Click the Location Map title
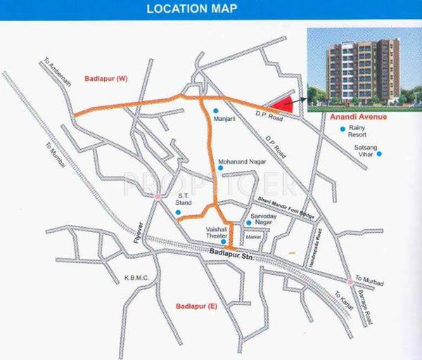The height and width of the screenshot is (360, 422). pos(191,9)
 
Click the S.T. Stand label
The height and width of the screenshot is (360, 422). pos(184,200)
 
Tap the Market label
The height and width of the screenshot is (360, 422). pos(253,238)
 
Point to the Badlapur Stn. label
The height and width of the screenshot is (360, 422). pos(230,253)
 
